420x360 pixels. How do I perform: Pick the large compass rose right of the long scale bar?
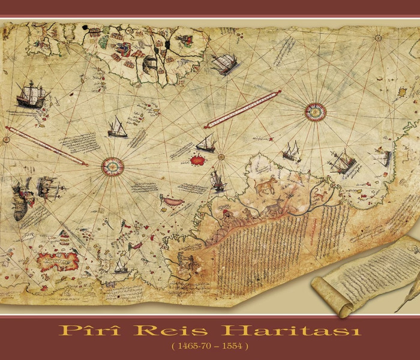tap(316, 110)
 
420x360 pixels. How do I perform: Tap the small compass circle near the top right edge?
tap(379, 38)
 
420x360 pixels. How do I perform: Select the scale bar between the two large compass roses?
tap(243, 109)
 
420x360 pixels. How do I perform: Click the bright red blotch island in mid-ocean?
tap(195, 160)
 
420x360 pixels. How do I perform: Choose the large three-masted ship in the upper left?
tap(29, 94)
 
